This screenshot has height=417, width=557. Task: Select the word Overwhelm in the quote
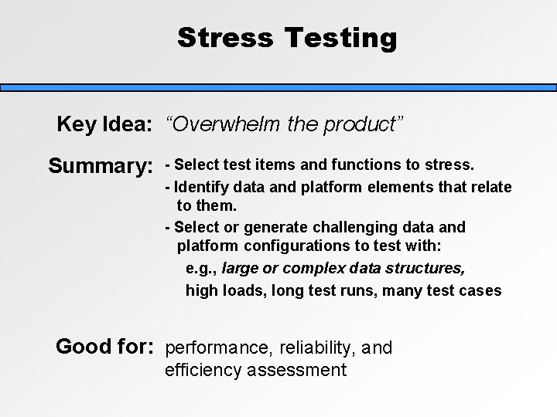(x=220, y=125)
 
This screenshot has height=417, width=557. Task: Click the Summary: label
(x=100, y=166)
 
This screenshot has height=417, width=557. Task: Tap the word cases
(x=482, y=290)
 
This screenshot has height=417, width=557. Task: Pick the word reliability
(x=310, y=348)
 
